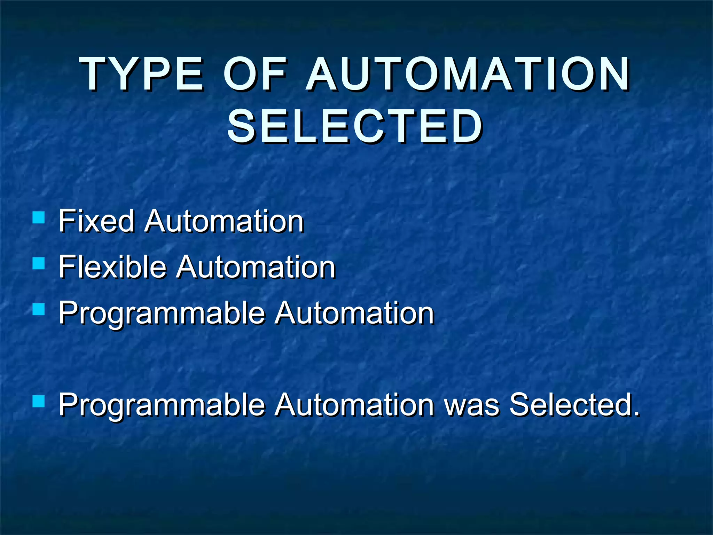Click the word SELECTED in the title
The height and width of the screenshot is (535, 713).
355,126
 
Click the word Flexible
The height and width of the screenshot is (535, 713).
112,267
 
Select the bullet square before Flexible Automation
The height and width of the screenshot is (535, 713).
38,264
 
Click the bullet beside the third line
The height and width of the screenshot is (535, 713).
38,309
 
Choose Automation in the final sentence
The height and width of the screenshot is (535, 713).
354,404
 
